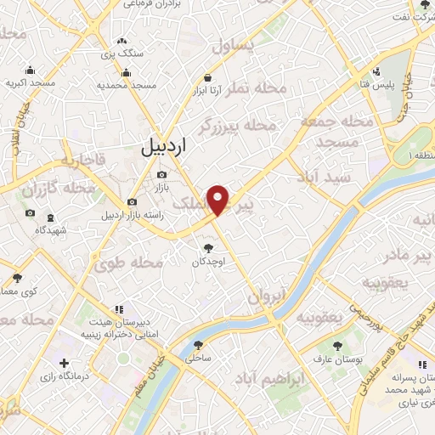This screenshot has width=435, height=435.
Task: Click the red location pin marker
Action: [220, 200]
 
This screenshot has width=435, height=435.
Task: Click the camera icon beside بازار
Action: [161, 174]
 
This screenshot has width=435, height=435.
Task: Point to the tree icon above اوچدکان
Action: [209, 249]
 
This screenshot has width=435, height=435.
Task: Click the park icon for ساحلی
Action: [200, 346]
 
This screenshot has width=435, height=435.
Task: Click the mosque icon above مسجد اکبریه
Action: [31, 71]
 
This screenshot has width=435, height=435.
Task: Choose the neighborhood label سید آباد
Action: [324, 176]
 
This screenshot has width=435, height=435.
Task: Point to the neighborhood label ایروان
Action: [268, 297]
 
